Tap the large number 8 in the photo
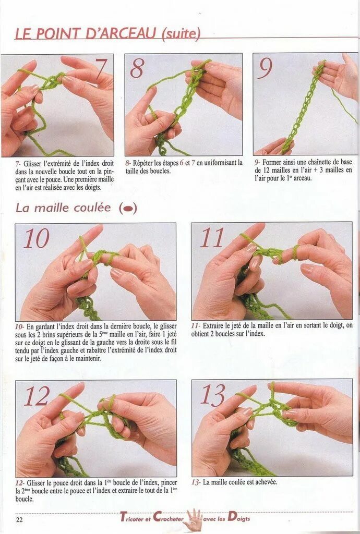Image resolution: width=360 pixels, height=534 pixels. tap(137, 67)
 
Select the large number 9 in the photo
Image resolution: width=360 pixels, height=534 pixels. tap(265, 67)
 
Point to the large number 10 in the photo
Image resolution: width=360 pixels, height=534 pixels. tap(37, 238)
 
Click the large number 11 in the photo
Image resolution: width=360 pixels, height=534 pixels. tap(212, 237)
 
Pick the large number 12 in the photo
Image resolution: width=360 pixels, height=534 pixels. tap(38, 396)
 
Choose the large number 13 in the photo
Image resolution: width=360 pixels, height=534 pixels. tap(213, 395)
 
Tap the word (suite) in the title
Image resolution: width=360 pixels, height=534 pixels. tap(181, 34)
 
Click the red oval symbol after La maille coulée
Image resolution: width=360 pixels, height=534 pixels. tap(128, 208)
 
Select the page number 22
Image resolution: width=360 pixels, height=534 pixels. tap(19, 520)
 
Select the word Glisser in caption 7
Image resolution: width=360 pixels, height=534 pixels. tap(34, 163)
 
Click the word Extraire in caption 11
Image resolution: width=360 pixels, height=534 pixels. tap(214, 325)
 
